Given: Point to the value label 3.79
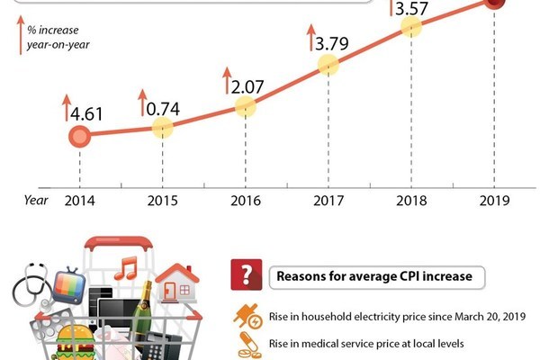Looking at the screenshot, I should [x=333, y=42].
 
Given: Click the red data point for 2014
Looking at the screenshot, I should [x=79, y=137].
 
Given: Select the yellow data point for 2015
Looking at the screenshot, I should [x=162, y=128].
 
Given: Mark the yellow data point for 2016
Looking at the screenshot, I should [x=246, y=106].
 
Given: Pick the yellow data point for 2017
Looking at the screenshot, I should [x=328, y=65].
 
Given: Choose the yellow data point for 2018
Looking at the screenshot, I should [x=410, y=26].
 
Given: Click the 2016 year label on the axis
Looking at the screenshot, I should [x=246, y=201].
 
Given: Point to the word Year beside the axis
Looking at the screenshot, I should [x=36, y=200].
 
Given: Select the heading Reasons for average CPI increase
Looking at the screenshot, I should [x=373, y=275].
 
